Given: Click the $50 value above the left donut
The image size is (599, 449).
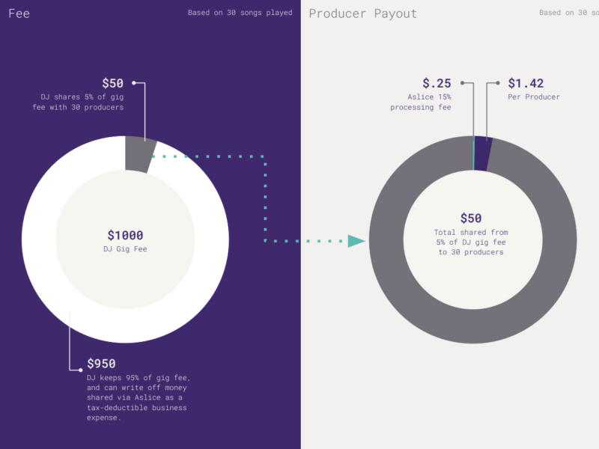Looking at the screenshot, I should (112, 83).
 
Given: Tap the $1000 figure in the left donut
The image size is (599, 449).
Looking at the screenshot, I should (125, 235).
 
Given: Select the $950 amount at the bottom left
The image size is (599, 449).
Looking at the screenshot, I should (101, 364).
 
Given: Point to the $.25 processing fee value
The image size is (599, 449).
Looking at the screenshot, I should (437, 83).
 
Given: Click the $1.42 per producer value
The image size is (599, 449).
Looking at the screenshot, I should (526, 83).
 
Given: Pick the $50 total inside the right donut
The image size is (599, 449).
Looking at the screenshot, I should (471, 219).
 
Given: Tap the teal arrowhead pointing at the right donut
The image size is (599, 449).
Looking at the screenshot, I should (356, 241).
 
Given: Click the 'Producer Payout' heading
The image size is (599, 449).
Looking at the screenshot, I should (363, 13).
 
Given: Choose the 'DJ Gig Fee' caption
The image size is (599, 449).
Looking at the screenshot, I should (125, 249).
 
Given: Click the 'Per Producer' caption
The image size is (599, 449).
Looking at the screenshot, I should (534, 97).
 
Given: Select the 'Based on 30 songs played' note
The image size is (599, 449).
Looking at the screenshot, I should (240, 13).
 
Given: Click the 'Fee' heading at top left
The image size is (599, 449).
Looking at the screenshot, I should (19, 13).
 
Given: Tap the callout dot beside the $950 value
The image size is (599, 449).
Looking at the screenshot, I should (80, 369).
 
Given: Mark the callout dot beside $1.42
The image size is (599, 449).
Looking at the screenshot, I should (498, 83).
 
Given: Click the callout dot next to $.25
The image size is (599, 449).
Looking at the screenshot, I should (463, 83).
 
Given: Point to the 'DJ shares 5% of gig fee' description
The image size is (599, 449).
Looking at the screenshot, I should (82, 103).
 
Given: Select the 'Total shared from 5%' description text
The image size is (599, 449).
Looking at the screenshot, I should (471, 242).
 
